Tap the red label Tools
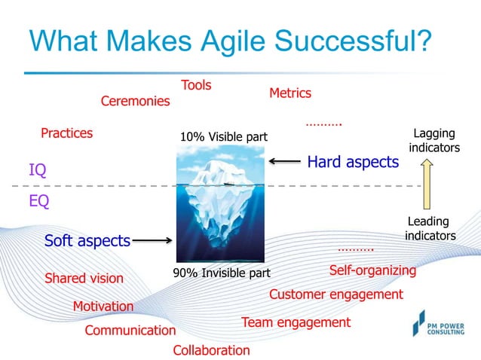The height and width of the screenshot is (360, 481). [x=196, y=85]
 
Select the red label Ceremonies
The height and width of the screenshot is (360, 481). [x=136, y=101]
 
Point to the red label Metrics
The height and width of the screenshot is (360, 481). [x=290, y=93]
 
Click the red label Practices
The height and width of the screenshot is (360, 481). [x=67, y=133]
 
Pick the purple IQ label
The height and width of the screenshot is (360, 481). [x=37, y=170]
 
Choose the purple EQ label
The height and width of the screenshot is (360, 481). [x=38, y=201]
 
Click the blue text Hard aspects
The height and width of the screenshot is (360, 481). [x=353, y=161]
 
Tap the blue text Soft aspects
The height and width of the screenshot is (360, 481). [x=87, y=241]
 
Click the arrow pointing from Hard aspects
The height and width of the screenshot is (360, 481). [x=285, y=161]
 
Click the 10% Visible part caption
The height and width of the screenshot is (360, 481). [x=224, y=137]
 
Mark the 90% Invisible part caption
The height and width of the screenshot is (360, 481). [x=222, y=273]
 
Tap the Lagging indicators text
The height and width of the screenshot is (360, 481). [x=434, y=141]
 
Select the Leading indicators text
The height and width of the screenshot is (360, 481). [x=430, y=228]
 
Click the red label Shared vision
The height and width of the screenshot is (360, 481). [x=84, y=278]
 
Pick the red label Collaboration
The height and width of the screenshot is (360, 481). [x=211, y=350]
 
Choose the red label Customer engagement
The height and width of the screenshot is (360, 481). [x=336, y=294]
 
